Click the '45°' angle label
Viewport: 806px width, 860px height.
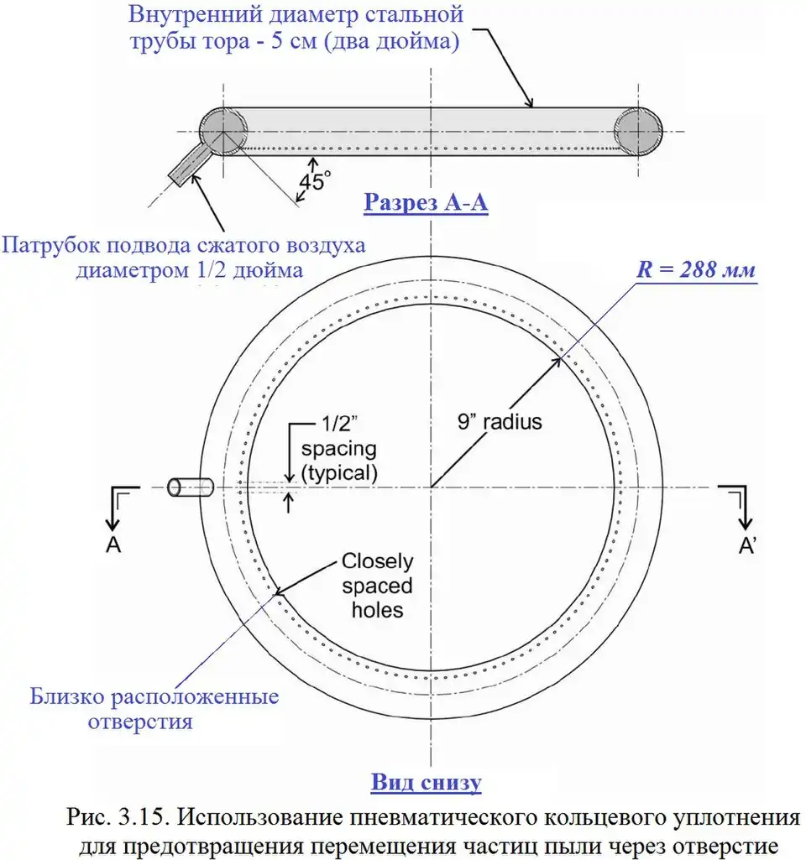[315, 181]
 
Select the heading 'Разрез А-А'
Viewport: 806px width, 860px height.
[426, 203]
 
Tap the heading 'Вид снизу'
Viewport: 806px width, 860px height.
[427, 783]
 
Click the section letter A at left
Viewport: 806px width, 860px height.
[113, 545]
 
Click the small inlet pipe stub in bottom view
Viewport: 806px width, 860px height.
[190, 487]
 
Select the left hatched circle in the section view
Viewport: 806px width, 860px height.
[223, 132]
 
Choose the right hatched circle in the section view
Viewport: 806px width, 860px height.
[638, 132]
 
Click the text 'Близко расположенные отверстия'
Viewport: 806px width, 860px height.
[154, 709]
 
